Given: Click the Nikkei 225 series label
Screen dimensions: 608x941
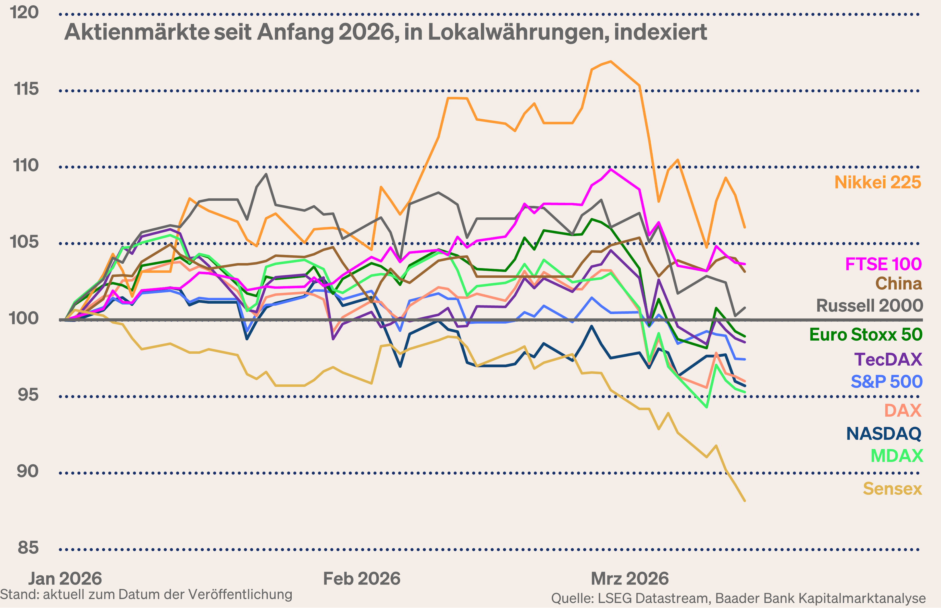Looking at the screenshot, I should (878, 182).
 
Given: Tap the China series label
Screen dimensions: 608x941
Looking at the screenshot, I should (898, 284).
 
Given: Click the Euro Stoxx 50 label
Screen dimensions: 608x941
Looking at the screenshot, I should (866, 335).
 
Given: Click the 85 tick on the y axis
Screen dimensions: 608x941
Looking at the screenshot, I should (28, 548).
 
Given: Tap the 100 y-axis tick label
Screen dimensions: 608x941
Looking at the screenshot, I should (24, 318).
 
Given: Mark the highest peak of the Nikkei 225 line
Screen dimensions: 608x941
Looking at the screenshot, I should (611, 61).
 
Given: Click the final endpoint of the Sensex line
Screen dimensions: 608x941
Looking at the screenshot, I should (744, 501).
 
